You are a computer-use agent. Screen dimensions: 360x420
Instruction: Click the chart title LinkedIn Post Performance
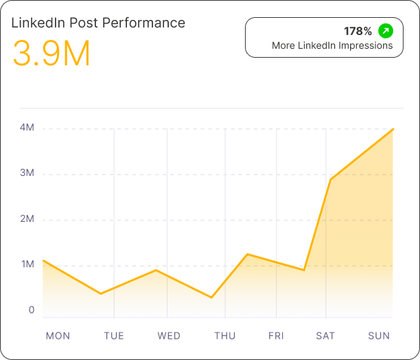click(x=98, y=23)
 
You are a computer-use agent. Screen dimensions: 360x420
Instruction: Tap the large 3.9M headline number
click(x=51, y=54)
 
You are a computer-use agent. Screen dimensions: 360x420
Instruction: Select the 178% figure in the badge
click(x=358, y=31)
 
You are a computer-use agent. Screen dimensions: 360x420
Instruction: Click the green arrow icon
click(x=386, y=31)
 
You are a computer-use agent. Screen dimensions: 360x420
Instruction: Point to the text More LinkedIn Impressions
click(x=332, y=46)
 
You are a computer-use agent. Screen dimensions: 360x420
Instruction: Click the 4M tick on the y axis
click(x=27, y=128)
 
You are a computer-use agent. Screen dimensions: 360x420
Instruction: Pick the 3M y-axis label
click(x=27, y=173)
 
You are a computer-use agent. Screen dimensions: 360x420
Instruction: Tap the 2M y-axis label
click(x=27, y=219)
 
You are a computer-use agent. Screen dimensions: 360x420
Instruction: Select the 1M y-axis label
click(x=27, y=265)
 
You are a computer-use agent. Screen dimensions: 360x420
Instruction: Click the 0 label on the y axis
click(x=32, y=310)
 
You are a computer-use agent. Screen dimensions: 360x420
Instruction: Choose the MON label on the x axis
click(x=58, y=336)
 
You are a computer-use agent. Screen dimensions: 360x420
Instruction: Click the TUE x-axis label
click(x=114, y=336)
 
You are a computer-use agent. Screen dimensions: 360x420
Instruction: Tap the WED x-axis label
click(x=169, y=336)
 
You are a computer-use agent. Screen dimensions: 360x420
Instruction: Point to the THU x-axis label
click(x=224, y=336)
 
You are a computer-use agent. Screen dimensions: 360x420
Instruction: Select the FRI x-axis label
click(x=276, y=336)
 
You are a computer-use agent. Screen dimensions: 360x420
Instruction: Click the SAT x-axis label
click(x=325, y=336)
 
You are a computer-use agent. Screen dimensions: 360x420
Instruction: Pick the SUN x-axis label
click(x=379, y=336)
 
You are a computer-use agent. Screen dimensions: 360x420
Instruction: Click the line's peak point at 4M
click(x=393, y=129)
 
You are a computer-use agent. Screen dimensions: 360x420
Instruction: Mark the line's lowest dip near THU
click(x=211, y=297)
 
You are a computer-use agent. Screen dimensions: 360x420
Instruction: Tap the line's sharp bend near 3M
click(x=331, y=180)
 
